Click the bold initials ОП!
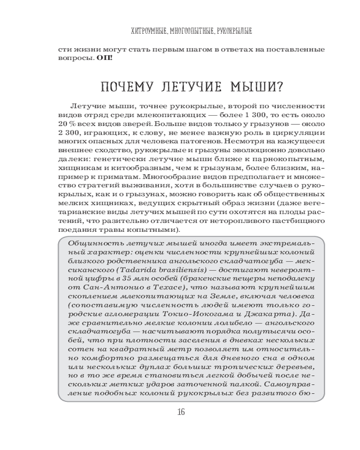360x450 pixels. pyautogui.click(x=104, y=58)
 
